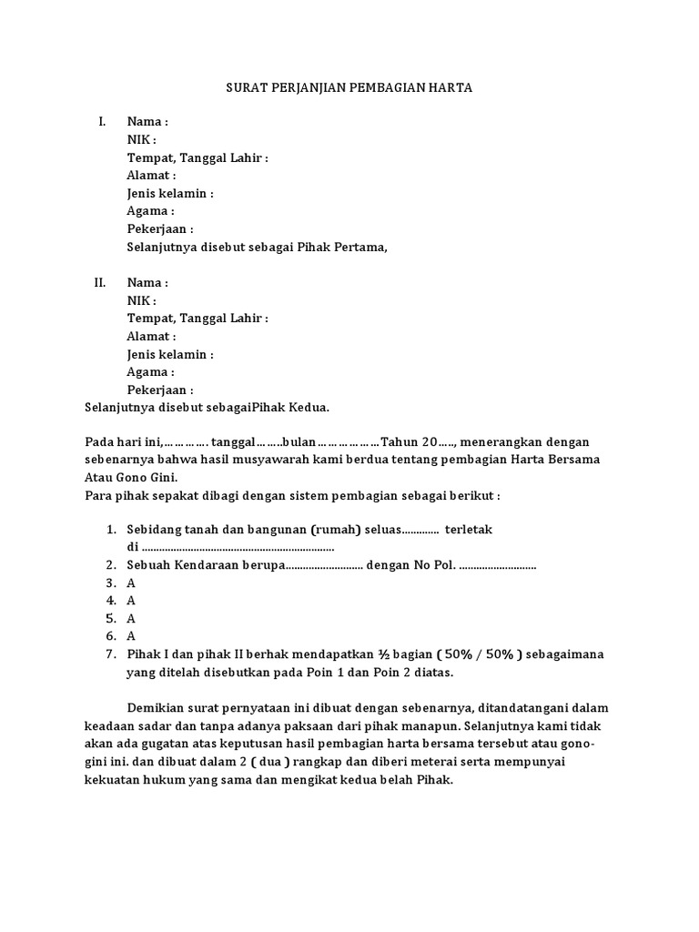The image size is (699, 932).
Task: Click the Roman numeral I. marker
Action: click(x=103, y=122)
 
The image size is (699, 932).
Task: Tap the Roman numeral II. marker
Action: click(x=101, y=283)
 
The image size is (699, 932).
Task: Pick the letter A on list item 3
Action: click(x=131, y=582)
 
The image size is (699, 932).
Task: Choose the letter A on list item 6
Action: click(x=131, y=636)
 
